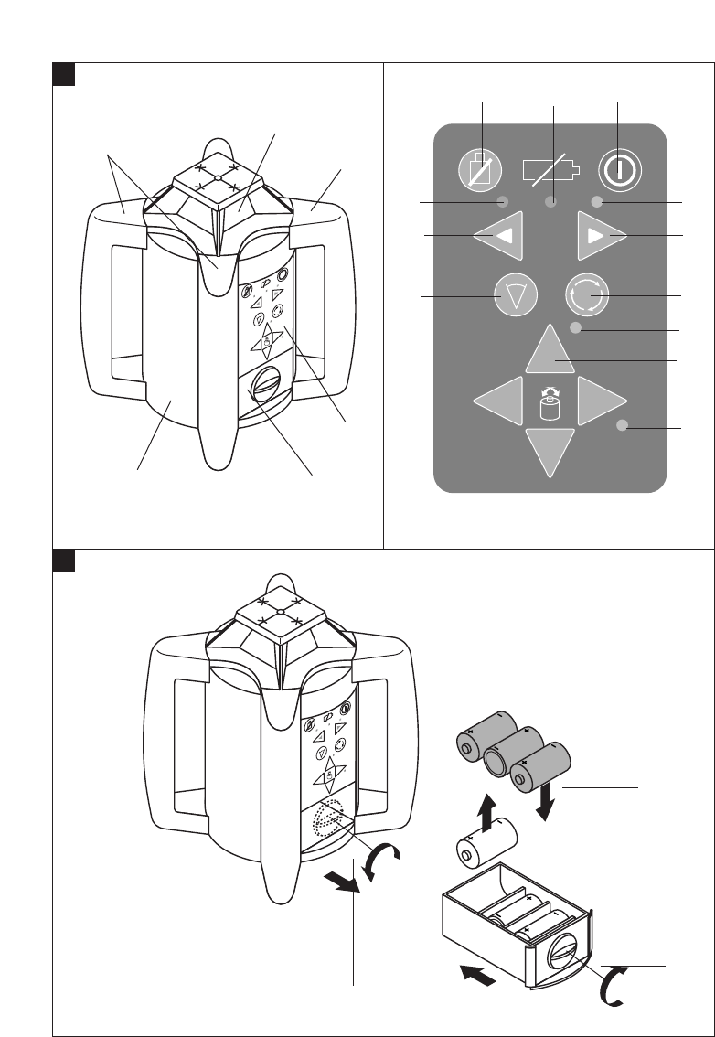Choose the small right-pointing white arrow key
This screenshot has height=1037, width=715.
(601, 237)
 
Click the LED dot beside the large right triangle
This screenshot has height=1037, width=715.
(623, 425)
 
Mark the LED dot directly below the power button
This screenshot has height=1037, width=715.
(596, 201)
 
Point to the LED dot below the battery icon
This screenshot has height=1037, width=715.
(551, 201)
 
